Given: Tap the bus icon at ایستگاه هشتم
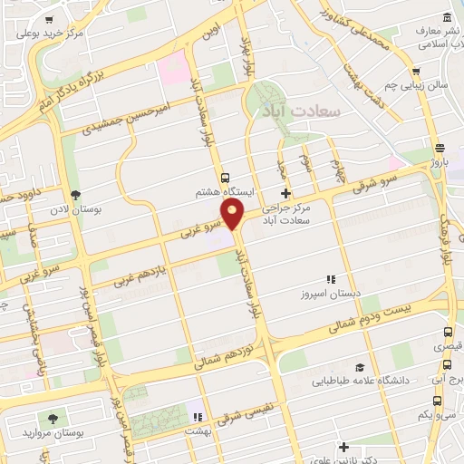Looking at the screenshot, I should tap(225, 178).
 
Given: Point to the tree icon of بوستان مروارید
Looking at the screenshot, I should tap(53, 419).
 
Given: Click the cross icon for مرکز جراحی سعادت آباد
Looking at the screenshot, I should tap(286, 193).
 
